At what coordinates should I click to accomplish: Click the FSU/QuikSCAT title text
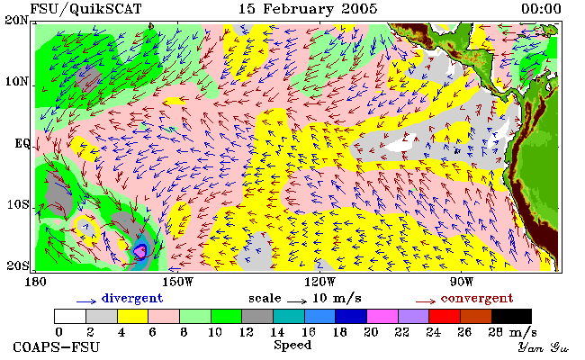click(85, 9)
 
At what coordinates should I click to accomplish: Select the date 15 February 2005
click(308, 9)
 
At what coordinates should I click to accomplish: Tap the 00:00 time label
click(541, 9)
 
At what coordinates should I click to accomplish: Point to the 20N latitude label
click(16, 20)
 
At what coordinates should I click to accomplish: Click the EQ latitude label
click(22, 144)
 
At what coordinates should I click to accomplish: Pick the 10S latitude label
click(18, 204)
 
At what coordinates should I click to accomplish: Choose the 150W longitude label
click(178, 282)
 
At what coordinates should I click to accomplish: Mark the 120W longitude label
click(319, 282)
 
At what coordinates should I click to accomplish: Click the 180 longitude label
click(35, 282)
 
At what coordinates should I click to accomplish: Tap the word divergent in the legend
click(132, 298)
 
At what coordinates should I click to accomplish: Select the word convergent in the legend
click(477, 298)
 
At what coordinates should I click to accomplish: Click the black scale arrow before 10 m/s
click(297, 301)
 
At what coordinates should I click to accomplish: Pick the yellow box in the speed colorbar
click(132, 316)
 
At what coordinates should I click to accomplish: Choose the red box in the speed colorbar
click(445, 316)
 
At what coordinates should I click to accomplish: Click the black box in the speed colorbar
click(511, 316)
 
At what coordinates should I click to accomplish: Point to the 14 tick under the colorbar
click(277, 331)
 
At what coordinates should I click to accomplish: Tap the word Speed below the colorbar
click(292, 345)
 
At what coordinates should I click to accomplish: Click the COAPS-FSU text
click(57, 346)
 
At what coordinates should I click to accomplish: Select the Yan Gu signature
click(543, 347)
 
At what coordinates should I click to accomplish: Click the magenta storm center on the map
click(140, 251)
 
